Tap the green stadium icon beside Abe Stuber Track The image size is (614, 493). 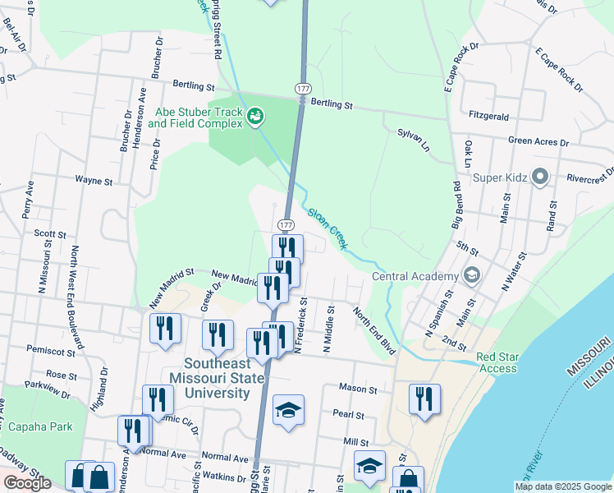(256, 117)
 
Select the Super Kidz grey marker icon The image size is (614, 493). (540, 177)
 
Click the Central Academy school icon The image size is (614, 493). (471, 275)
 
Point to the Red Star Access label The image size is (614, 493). (497, 363)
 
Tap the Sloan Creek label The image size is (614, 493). (328, 228)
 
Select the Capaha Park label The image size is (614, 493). (41, 426)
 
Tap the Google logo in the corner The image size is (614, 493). (27, 483)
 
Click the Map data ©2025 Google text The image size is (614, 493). (562, 486)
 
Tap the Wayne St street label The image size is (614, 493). (93, 178)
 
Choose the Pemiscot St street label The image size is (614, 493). (49, 349)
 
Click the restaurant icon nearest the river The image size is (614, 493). (424, 400)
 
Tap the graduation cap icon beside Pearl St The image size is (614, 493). (288, 411)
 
